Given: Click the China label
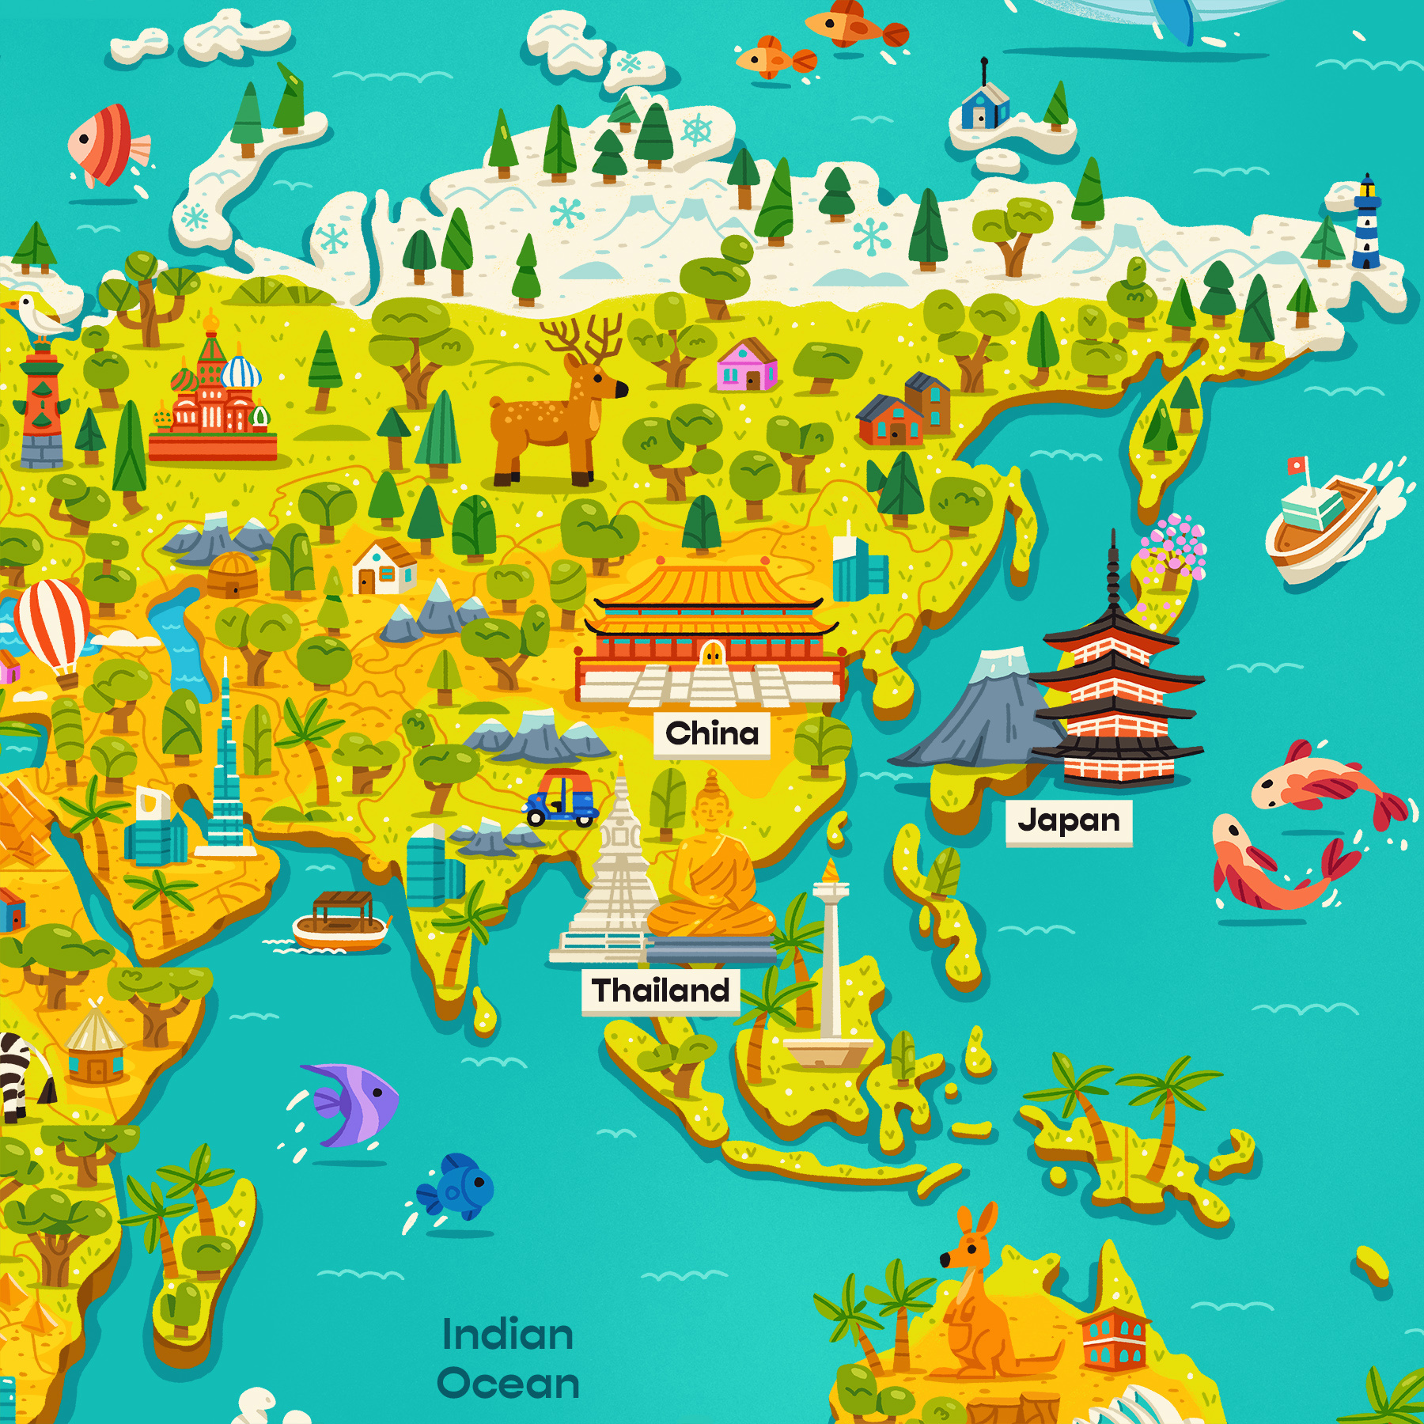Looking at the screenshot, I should [x=712, y=733].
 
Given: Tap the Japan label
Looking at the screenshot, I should [x=1069, y=820].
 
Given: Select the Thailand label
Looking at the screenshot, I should [x=661, y=990].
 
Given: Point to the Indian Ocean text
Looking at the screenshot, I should [x=508, y=1359].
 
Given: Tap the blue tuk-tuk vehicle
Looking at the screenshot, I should [x=562, y=797].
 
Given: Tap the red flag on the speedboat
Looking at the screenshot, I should [x=1295, y=466].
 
